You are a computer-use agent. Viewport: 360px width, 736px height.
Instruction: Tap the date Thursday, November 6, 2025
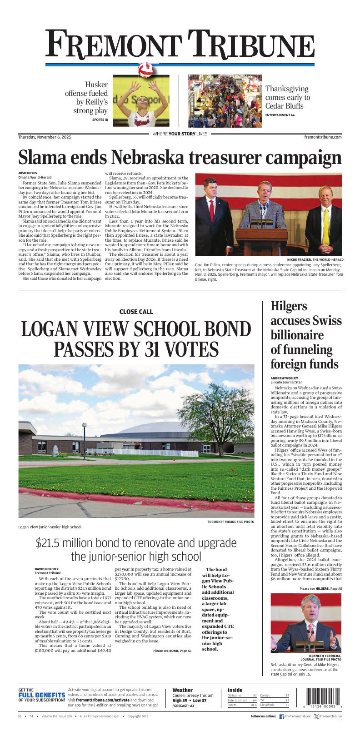tap(45, 137)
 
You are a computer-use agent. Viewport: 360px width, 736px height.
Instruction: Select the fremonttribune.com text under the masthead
tap(323, 137)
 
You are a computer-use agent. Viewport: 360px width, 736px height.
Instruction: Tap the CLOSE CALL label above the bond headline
tap(136, 312)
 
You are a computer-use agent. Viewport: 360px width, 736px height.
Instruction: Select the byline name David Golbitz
tap(47, 569)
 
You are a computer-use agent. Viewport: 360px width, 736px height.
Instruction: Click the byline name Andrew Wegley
tap(285, 378)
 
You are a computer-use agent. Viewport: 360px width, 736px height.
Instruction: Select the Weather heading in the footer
tap(182, 690)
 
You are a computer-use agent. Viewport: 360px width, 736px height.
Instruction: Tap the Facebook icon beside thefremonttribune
tap(282, 716)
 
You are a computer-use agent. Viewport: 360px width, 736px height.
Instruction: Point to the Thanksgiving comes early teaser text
tap(287, 98)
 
